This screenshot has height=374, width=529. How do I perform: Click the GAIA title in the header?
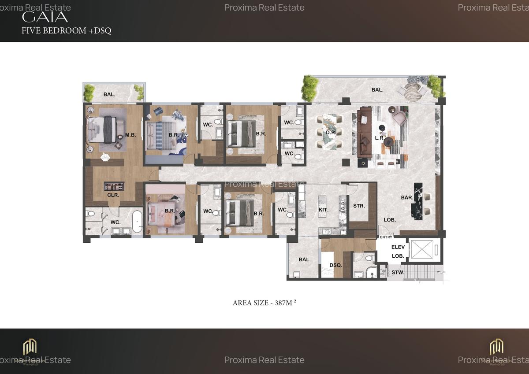click(45, 17)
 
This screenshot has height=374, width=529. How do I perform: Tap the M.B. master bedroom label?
click(130, 135)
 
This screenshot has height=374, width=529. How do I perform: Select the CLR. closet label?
click(113, 195)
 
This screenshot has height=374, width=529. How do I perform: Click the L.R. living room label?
click(379, 138)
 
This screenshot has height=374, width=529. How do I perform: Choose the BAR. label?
click(407, 198)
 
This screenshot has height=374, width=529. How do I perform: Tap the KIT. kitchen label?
click(324, 210)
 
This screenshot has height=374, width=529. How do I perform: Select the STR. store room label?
click(359, 205)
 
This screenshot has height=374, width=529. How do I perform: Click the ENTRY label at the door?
click(386, 237)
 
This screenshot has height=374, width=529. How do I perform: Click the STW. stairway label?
click(398, 273)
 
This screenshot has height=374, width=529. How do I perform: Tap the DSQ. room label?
click(336, 265)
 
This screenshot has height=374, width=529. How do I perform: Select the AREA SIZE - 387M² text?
click(267, 303)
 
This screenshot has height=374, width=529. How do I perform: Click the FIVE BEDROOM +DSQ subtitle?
click(67, 30)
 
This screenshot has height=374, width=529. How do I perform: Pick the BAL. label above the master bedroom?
click(110, 94)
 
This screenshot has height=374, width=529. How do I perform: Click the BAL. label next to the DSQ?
click(305, 259)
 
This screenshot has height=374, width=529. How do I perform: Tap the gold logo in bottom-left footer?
click(30, 347)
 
